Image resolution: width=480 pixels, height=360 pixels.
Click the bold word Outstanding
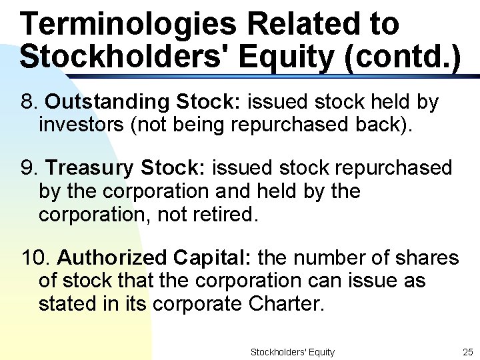pyautogui.click(x=107, y=102)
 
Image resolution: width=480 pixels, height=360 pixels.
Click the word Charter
pyautogui.click(x=285, y=304)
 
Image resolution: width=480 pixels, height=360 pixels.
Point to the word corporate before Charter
pyautogui.click(x=197, y=304)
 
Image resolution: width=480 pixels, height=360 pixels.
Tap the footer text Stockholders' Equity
pyautogui.click(x=292, y=351)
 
